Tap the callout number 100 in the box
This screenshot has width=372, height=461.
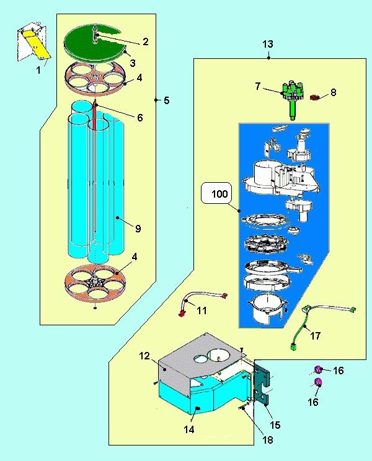point(219,194)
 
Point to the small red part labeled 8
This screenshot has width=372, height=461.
point(314,97)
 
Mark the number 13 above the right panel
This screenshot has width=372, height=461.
point(268,45)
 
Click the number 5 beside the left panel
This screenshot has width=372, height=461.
point(167,100)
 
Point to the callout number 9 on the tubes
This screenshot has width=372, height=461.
point(138,229)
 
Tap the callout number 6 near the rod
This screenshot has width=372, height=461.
point(140,117)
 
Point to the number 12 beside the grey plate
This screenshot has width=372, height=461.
point(144,356)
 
